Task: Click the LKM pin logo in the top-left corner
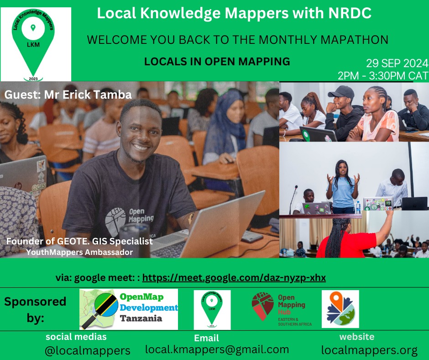tap(36, 44)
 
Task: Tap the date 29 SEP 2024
tap(397, 64)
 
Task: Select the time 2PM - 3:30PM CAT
tap(382, 75)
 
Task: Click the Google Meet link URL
tap(234, 278)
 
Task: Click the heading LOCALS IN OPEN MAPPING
tap(217, 61)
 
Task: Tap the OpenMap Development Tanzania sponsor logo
tap(129, 309)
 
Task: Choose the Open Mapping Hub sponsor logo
tap(282, 309)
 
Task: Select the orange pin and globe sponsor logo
tap(340, 309)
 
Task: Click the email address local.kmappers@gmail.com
tap(217, 349)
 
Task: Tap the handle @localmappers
tap(87, 350)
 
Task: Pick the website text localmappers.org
tap(369, 350)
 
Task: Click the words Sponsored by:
tap(35, 309)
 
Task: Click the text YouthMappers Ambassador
tap(79, 252)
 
